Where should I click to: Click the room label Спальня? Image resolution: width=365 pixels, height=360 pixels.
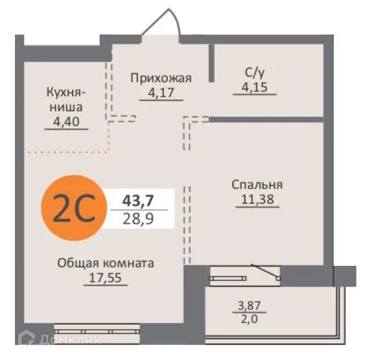tap(257, 185)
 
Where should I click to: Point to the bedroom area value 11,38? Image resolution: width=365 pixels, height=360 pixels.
tap(257, 199)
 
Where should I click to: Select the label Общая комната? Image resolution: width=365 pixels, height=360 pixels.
tap(105, 264)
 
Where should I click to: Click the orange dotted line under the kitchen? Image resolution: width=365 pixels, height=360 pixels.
tap(67, 149)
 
